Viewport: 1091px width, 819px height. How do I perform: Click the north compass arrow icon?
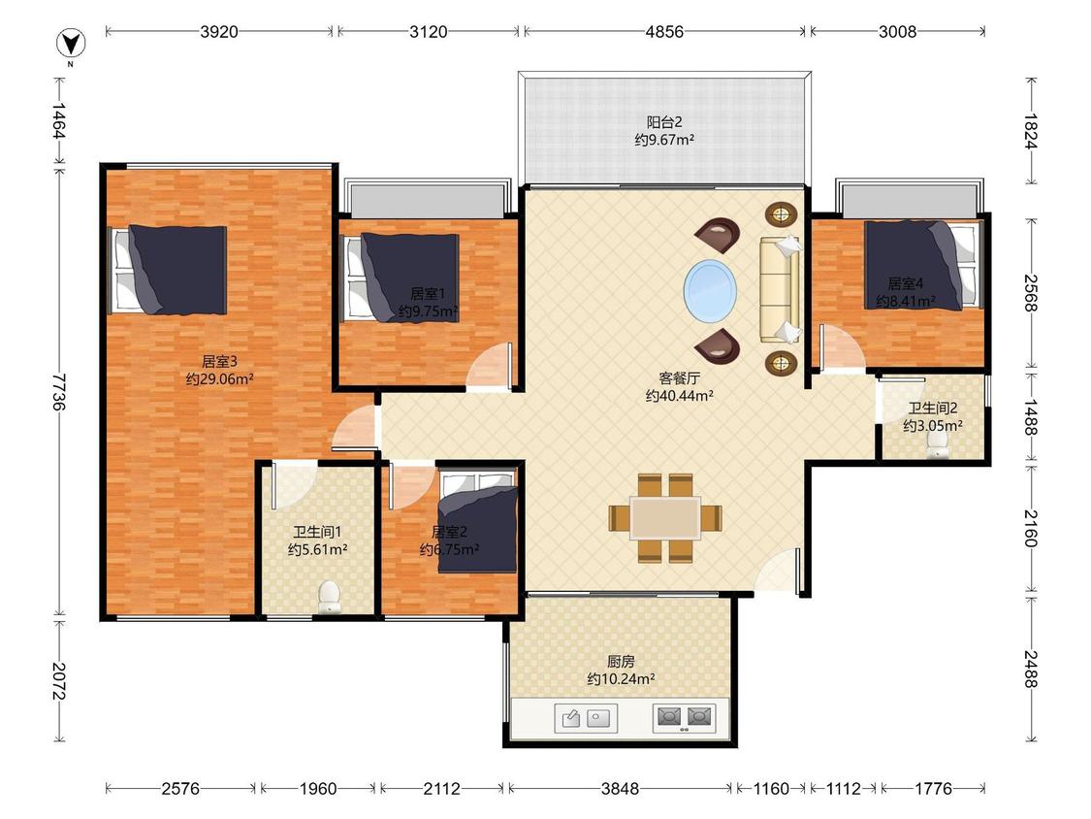point(71,44)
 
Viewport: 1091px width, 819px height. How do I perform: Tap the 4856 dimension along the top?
point(664,31)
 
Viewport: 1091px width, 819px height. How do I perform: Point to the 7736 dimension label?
point(59,391)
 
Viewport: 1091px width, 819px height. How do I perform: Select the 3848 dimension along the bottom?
point(620,788)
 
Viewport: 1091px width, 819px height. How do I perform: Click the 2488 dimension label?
point(1031,669)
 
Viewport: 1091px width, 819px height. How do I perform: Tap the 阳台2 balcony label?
point(664,122)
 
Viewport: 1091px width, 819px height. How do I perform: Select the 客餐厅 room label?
point(679,378)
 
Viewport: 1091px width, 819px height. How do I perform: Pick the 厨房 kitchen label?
point(621,661)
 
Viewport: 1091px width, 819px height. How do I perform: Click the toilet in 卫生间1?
point(329,598)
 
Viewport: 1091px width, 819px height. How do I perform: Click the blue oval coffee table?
point(710,291)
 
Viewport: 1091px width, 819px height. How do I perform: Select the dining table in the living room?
point(665,518)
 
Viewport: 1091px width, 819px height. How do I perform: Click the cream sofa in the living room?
point(780,290)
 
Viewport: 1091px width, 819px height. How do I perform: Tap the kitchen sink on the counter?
point(585,718)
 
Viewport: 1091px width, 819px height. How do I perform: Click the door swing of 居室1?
point(492,366)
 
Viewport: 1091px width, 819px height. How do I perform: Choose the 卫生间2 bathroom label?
point(932,409)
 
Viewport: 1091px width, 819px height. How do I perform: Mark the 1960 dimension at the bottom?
point(317,788)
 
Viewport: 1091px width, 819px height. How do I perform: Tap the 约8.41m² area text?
point(905,301)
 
